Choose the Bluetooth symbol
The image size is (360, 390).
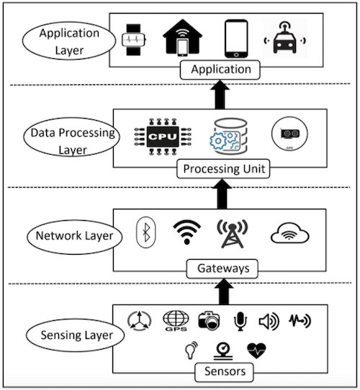(x=145, y=233)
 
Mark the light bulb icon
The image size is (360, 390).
(x=189, y=351)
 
